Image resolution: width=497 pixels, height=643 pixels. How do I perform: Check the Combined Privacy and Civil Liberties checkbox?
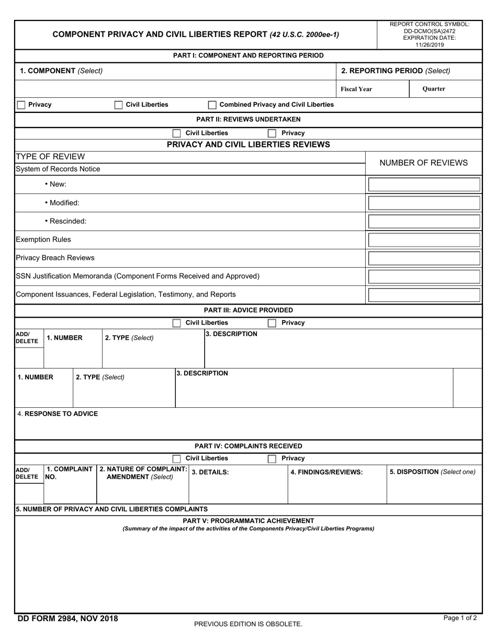[x=212, y=105]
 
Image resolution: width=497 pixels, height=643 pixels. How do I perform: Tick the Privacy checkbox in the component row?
[x=21, y=105]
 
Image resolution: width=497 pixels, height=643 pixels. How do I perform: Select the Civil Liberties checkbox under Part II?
[x=177, y=133]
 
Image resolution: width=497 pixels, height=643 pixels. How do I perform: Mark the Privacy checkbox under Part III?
[x=272, y=323]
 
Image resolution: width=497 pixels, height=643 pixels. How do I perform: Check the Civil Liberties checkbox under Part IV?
[x=177, y=458]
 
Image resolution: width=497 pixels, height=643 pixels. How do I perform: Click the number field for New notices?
[x=424, y=185]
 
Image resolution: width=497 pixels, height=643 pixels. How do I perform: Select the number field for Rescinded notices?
[x=424, y=221]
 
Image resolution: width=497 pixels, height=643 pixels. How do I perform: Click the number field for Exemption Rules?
[x=424, y=240]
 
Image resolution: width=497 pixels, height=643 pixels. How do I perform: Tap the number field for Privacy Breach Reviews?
[x=424, y=258]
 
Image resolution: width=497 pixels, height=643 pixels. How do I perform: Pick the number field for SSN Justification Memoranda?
[x=424, y=277]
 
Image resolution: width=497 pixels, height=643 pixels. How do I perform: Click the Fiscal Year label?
[x=356, y=89]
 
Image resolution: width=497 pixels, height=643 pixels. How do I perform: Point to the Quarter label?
[x=434, y=89]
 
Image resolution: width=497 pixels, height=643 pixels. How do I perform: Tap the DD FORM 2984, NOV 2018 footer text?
[x=67, y=619]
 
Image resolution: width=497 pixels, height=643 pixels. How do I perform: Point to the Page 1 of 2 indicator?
[x=460, y=618]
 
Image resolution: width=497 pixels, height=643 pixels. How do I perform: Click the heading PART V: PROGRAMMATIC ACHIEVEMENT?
[x=249, y=521]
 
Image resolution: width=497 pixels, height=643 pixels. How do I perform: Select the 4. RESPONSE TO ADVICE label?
[x=58, y=414]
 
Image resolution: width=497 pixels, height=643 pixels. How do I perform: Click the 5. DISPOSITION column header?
[x=433, y=472]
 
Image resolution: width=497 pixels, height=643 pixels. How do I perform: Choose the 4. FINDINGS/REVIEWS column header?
[x=326, y=472]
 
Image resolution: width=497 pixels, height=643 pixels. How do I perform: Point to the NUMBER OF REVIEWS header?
[x=423, y=163]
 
